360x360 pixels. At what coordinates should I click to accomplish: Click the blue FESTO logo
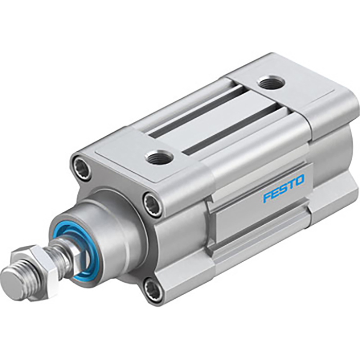pyautogui.click(x=283, y=189)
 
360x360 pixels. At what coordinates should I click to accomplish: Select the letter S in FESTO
pyautogui.click(x=283, y=189)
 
